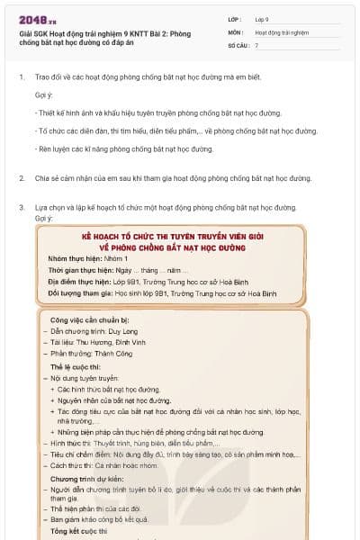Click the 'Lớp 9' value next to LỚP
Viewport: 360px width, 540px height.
click(261, 18)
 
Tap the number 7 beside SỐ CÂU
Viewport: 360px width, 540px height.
click(256, 44)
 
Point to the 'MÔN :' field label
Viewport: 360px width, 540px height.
click(237, 31)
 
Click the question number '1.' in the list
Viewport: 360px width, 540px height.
click(22, 76)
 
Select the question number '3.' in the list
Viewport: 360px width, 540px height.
click(22, 207)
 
